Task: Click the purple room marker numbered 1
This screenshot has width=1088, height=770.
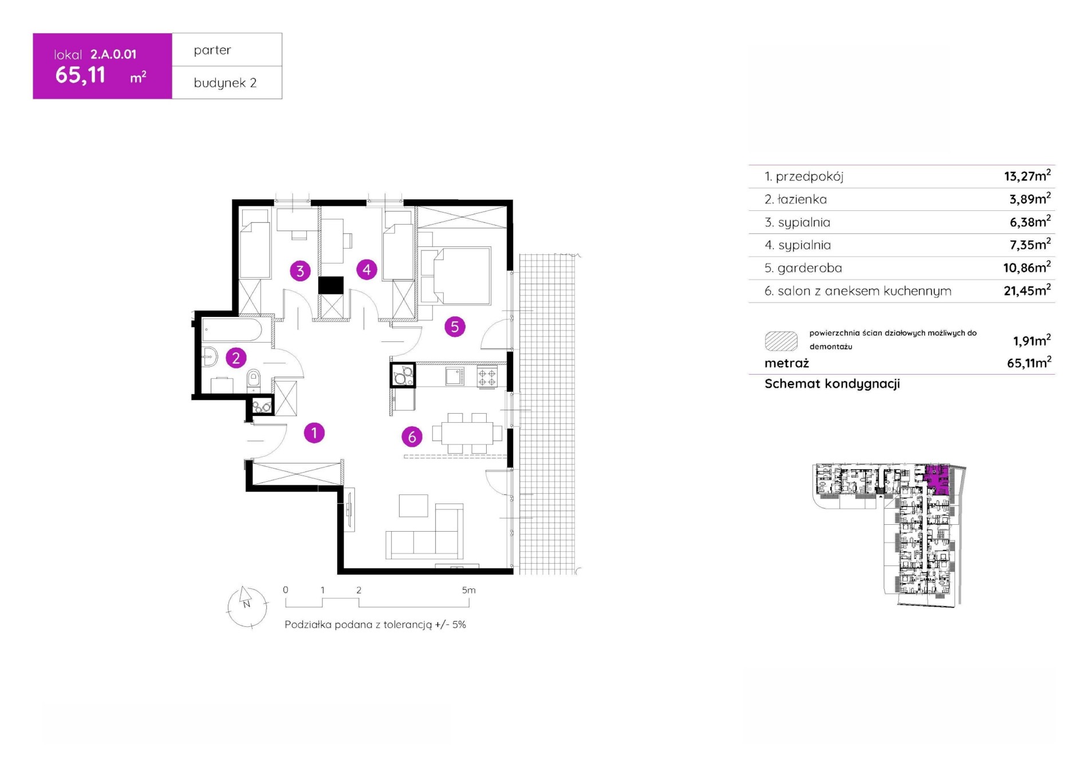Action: point(314,433)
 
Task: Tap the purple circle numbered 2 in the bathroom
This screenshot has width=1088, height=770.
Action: point(235,358)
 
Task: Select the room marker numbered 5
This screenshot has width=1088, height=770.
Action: point(455,327)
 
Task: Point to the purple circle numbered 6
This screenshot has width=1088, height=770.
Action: point(412,437)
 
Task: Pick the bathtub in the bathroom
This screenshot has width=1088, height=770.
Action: point(232,331)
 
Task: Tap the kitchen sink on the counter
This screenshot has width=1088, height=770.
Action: point(455,376)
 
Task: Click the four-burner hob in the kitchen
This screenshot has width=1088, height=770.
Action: point(487,376)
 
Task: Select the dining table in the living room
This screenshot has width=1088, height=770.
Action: point(467,433)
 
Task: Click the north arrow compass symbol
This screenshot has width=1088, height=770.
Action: point(247,607)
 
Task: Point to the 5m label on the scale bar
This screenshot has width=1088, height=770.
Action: point(468,590)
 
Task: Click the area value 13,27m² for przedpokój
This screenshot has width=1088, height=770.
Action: point(1027,175)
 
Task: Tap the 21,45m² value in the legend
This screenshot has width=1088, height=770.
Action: point(1027,290)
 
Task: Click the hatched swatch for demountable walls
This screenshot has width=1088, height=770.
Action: point(781,341)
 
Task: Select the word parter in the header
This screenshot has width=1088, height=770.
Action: point(212,50)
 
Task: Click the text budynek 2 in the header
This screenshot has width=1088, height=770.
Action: point(225,82)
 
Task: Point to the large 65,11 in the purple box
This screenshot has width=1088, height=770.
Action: point(81,75)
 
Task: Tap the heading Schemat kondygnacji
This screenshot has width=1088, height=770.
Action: point(832,384)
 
